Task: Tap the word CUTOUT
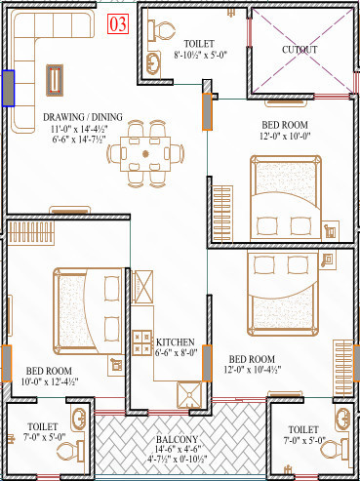coord(299,49)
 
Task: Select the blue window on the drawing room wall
coord(8,88)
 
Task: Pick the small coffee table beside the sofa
coord(56,78)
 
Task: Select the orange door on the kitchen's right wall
coord(206,362)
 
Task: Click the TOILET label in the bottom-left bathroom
coord(43,427)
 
